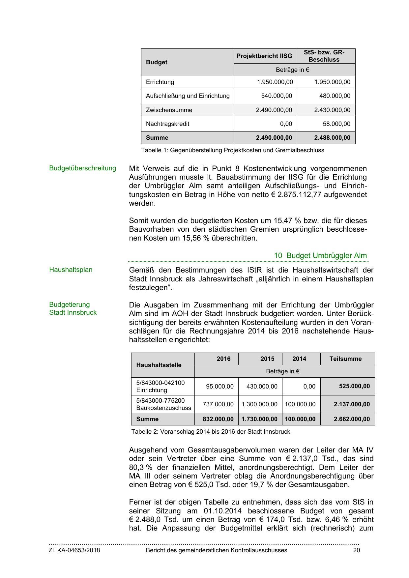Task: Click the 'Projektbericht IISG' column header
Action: click(264, 56)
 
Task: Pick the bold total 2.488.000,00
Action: click(332, 138)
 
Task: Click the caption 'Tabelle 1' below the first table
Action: click(232, 150)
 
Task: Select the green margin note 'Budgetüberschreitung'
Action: click(82, 168)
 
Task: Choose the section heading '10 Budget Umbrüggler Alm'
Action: click(320, 256)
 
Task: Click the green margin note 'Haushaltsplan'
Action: click(71, 270)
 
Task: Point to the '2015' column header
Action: click(267, 359)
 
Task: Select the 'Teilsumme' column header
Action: click(345, 359)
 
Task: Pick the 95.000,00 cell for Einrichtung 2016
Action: click(220, 386)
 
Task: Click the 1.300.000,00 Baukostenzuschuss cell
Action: click(259, 404)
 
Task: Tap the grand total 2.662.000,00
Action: click(352, 419)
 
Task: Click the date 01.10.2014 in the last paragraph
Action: click(220, 511)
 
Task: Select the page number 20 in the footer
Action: click(356, 550)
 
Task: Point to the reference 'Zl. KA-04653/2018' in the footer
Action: click(74, 550)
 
